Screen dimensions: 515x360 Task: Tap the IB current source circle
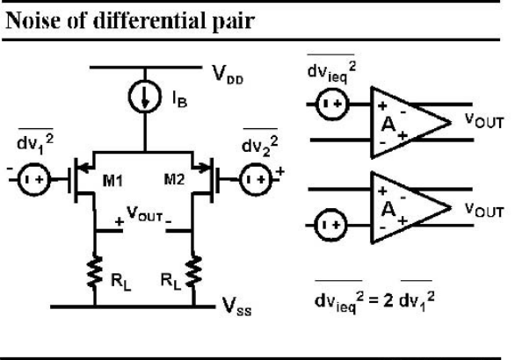144,97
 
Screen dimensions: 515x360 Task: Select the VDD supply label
228,75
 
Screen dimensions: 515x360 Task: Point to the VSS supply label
236,306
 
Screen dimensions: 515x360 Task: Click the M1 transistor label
112,181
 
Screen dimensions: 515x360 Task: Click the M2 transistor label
174,179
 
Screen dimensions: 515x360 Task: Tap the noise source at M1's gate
33,179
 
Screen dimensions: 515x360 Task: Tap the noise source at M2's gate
257,179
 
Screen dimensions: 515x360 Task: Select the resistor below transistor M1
95,271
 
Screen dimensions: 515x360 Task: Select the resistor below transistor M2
193,271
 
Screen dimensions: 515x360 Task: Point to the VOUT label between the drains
144,214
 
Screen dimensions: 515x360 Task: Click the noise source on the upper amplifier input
331,104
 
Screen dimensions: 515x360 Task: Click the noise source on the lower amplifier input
331,225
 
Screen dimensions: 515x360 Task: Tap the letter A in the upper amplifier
388,125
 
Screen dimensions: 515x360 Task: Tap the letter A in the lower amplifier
388,209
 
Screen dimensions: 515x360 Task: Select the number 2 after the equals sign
388,299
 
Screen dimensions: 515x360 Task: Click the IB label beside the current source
179,99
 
